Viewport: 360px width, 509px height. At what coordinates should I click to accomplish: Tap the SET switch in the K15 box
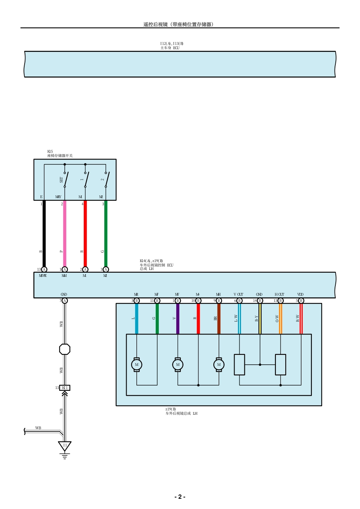pos(66,180)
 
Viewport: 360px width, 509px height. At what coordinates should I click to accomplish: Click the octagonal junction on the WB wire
pos(65,349)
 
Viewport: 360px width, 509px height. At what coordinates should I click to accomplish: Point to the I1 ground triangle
pos(65,446)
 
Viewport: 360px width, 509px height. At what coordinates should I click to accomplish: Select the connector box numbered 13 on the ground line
pos(65,388)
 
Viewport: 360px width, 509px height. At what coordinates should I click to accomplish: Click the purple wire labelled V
pos(178,319)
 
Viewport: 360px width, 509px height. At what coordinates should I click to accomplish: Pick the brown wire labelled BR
pos(219,319)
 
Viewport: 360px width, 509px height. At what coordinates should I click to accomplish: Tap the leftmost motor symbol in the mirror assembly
pos(137,365)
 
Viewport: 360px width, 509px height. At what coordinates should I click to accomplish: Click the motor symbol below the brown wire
pos(219,365)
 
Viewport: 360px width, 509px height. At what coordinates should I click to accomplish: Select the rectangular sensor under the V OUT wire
pos(239,365)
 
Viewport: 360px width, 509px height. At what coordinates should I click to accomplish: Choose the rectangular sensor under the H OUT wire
pos(280,365)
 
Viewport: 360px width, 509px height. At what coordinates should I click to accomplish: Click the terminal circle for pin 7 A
pos(65,301)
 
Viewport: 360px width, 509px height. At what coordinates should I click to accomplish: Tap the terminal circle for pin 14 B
pos(260,301)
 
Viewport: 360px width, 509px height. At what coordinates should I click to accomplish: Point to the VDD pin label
pos(300,295)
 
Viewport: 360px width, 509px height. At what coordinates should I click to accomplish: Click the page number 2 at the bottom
pos(180,497)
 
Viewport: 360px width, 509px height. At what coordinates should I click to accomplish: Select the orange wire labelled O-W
pos(280,319)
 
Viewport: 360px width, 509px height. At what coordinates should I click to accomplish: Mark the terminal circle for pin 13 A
pos(44,270)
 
